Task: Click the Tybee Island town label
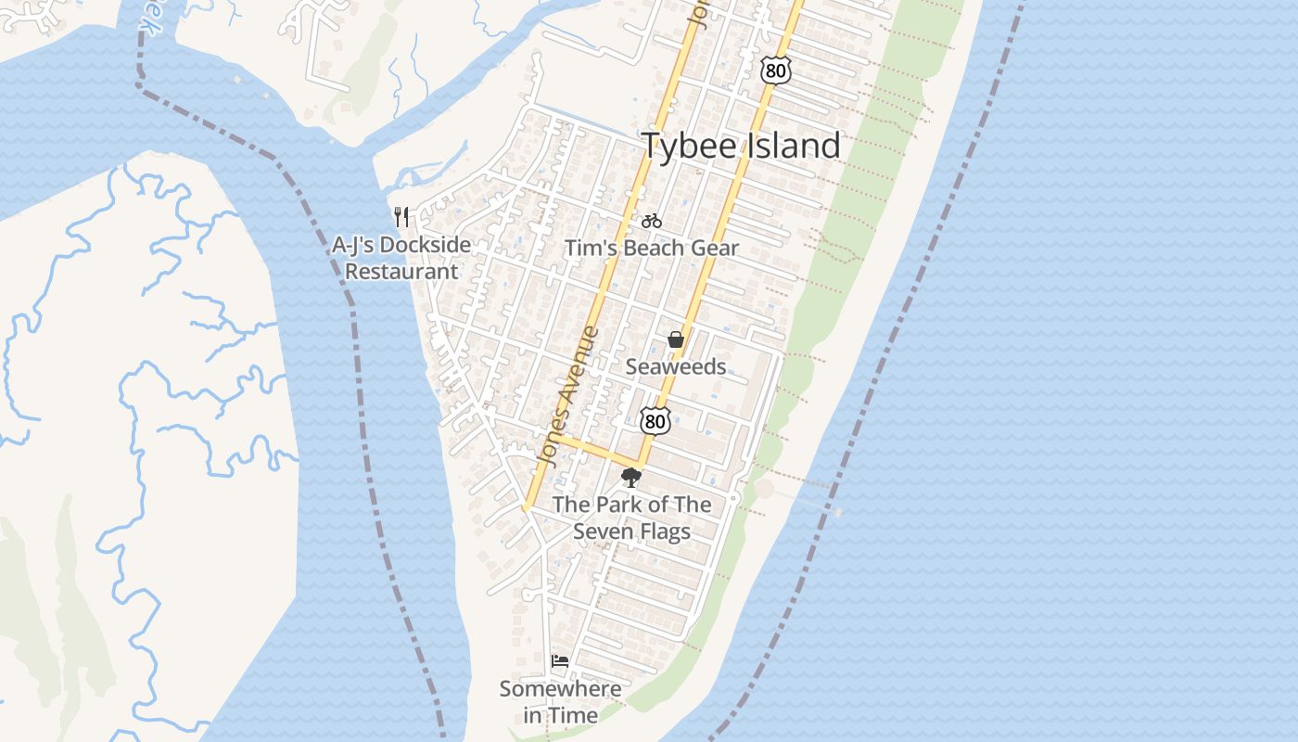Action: [x=741, y=147]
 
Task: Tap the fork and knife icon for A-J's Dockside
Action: [x=401, y=217]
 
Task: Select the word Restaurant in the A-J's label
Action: [x=401, y=272]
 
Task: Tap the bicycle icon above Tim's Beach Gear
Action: [x=652, y=221]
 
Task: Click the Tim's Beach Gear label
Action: [x=652, y=248]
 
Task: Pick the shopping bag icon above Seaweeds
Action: [x=676, y=340]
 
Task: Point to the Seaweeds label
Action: [x=676, y=366]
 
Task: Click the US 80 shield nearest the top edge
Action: [x=775, y=69]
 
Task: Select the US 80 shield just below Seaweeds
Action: [x=655, y=420]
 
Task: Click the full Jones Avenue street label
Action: [x=567, y=397]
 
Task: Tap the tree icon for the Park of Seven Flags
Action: [x=631, y=478]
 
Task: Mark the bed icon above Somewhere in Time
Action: [x=560, y=660]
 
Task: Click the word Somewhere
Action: [x=560, y=689]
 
